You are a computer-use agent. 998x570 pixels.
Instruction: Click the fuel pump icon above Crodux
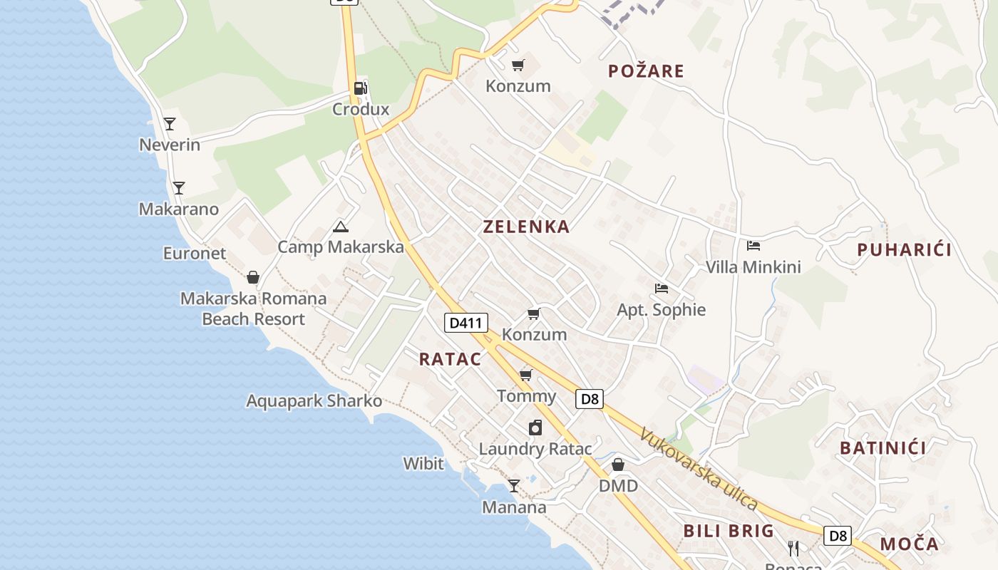click(361, 88)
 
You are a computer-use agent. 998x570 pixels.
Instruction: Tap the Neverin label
click(170, 145)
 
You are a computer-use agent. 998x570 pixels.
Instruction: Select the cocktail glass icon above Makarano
click(179, 188)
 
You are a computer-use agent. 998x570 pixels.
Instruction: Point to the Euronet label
click(195, 253)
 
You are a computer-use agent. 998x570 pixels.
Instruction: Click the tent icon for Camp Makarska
click(341, 227)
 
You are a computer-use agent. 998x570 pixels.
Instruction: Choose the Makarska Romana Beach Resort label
click(253, 309)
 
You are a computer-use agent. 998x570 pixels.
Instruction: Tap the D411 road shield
click(466, 323)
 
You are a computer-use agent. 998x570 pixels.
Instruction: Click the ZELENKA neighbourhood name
click(527, 227)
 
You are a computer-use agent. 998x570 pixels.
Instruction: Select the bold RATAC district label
click(450, 359)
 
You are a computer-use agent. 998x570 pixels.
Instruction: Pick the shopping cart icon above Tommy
click(526, 375)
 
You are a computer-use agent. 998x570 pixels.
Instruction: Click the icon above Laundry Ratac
click(535, 427)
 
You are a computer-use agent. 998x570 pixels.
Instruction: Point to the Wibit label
click(423, 464)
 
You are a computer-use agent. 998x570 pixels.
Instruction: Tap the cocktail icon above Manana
click(513, 486)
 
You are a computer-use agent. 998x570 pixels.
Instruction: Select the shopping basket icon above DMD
click(618, 465)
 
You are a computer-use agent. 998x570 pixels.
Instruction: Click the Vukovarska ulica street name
click(699, 468)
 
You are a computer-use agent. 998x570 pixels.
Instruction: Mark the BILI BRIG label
click(729, 531)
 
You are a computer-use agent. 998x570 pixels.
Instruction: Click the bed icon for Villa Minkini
click(753, 246)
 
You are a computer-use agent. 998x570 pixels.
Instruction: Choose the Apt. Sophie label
click(662, 310)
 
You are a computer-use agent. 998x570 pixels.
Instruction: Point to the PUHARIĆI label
click(905, 249)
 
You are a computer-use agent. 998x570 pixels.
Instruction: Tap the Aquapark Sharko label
click(314, 400)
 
